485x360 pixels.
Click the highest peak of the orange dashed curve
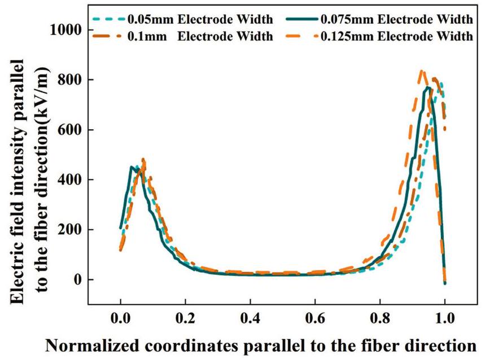tap(421, 71)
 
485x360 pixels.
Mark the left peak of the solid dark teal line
tap(132, 167)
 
